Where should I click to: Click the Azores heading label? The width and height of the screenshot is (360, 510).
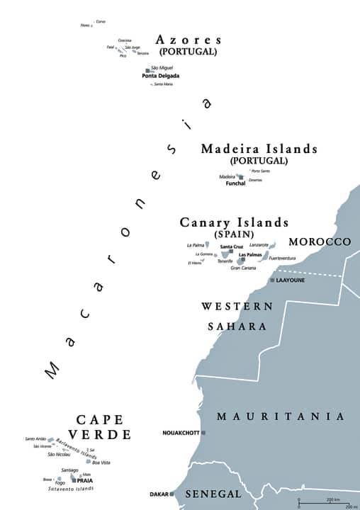[x=189, y=40]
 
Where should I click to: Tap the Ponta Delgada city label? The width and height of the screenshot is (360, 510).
[x=160, y=76]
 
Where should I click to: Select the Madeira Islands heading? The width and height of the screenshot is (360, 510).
[x=259, y=149]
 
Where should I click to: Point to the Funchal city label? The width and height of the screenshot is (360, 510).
[x=235, y=183]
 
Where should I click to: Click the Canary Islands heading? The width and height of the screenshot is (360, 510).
[x=234, y=222]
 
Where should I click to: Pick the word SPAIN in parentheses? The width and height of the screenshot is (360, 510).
[x=235, y=234]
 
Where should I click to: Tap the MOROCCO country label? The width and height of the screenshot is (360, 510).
[x=320, y=242]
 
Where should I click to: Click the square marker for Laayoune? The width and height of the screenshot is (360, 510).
[x=271, y=280]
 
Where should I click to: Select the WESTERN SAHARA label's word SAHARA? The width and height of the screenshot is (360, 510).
[x=237, y=327]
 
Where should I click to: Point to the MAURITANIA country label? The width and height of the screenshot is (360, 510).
[x=281, y=416]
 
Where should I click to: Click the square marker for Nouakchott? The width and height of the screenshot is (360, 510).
[x=203, y=432]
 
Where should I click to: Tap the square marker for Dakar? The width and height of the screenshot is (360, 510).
[x=172, y=494]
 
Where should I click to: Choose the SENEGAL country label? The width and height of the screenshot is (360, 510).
[x=212, y=494]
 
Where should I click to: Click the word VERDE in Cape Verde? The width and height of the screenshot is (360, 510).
[x=99, y=434]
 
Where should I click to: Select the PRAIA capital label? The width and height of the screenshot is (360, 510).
[x=85, y=480]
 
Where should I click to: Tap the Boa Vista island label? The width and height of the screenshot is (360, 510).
[x=101, y=463]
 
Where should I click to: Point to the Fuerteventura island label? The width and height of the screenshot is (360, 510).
[x=282, y=259]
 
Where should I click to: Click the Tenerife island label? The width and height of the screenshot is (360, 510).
[x=225, y=261]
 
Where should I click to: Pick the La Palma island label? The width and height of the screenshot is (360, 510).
[x=195, y=245]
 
